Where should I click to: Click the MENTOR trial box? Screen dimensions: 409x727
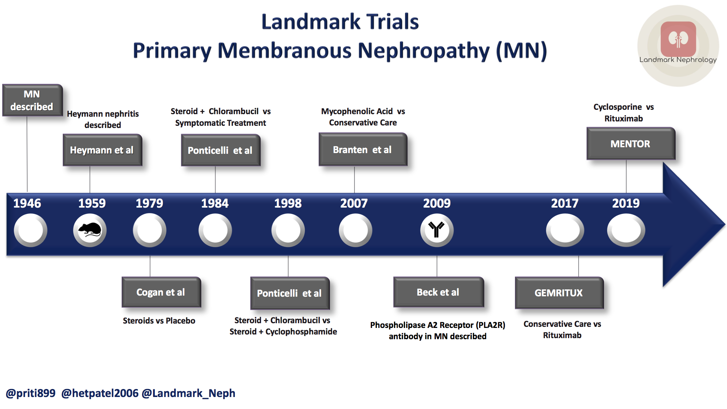click(631, 144)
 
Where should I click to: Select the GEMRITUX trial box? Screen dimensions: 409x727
click(559, 293)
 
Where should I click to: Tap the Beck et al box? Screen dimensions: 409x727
click(438, 292)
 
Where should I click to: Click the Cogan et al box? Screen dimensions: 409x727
click(161, 292)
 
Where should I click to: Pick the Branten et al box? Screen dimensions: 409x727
click(363, 150)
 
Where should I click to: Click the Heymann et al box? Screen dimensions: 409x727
click(102, 150)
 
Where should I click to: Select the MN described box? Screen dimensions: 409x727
click(32, 100)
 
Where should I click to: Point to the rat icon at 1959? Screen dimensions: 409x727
click(90, 230)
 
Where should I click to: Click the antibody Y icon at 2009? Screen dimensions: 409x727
click(437, 230)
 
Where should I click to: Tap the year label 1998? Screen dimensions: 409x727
click(288, 203)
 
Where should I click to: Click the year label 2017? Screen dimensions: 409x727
click(565, 203)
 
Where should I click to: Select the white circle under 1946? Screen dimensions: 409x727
click(31, 230)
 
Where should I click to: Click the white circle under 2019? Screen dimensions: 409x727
click(626, 230)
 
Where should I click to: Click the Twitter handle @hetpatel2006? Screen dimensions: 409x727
click(100, 393)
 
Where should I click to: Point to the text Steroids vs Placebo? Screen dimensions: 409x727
click(159, 321)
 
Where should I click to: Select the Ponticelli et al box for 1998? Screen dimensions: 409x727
click(290, 293)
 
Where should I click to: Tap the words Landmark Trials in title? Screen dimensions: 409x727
click(340, 22)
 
